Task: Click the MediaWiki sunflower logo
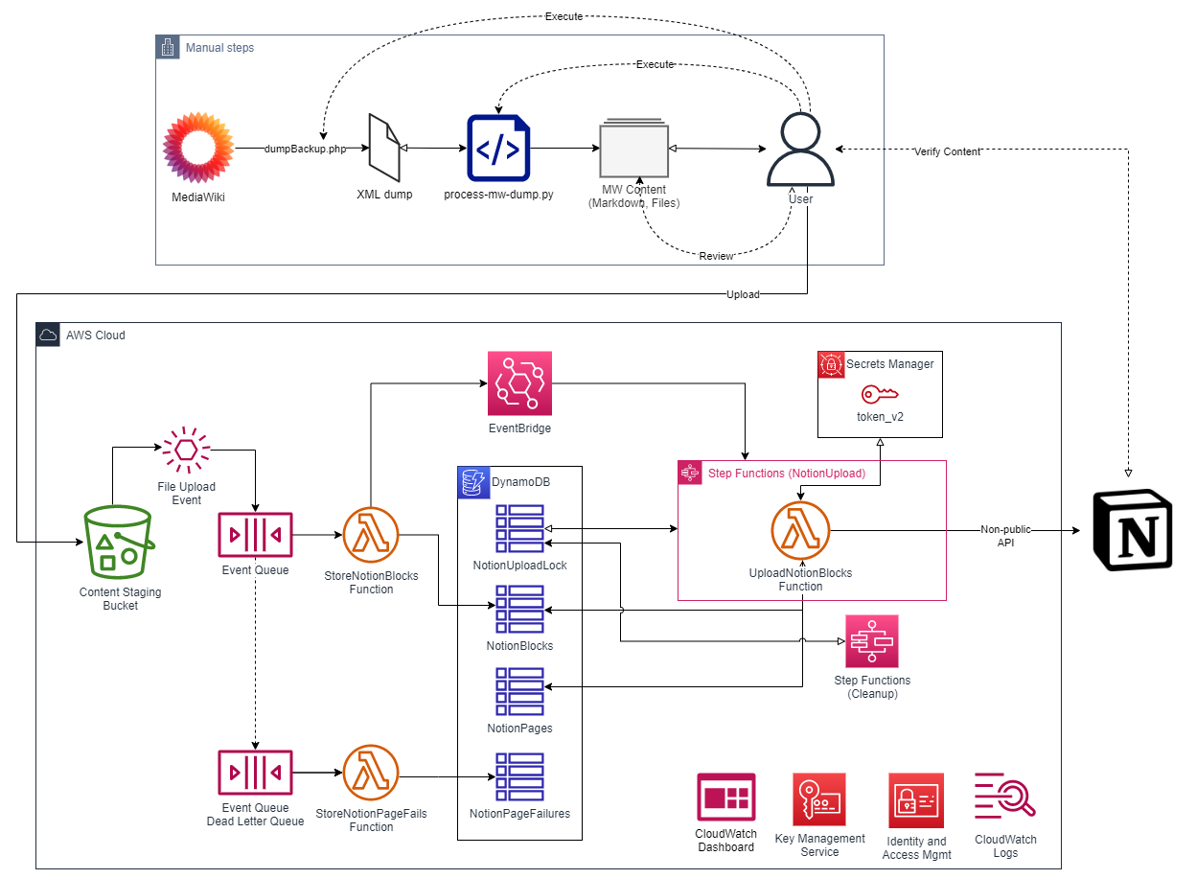point(199,148)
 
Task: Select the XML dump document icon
point(385,148)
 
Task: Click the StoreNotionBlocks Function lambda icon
point(372,536)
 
